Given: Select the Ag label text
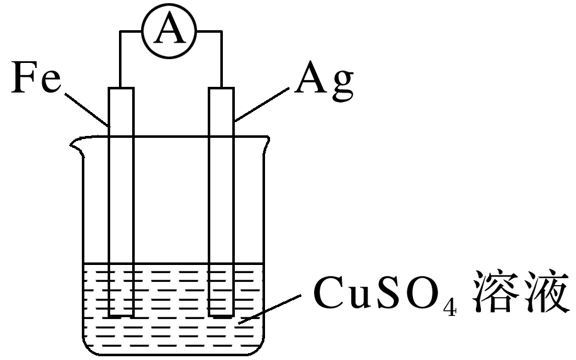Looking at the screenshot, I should (x=325, y=81).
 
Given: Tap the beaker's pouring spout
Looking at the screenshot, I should (x=77, y=148).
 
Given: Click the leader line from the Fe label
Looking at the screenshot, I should (x=88, y=108).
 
